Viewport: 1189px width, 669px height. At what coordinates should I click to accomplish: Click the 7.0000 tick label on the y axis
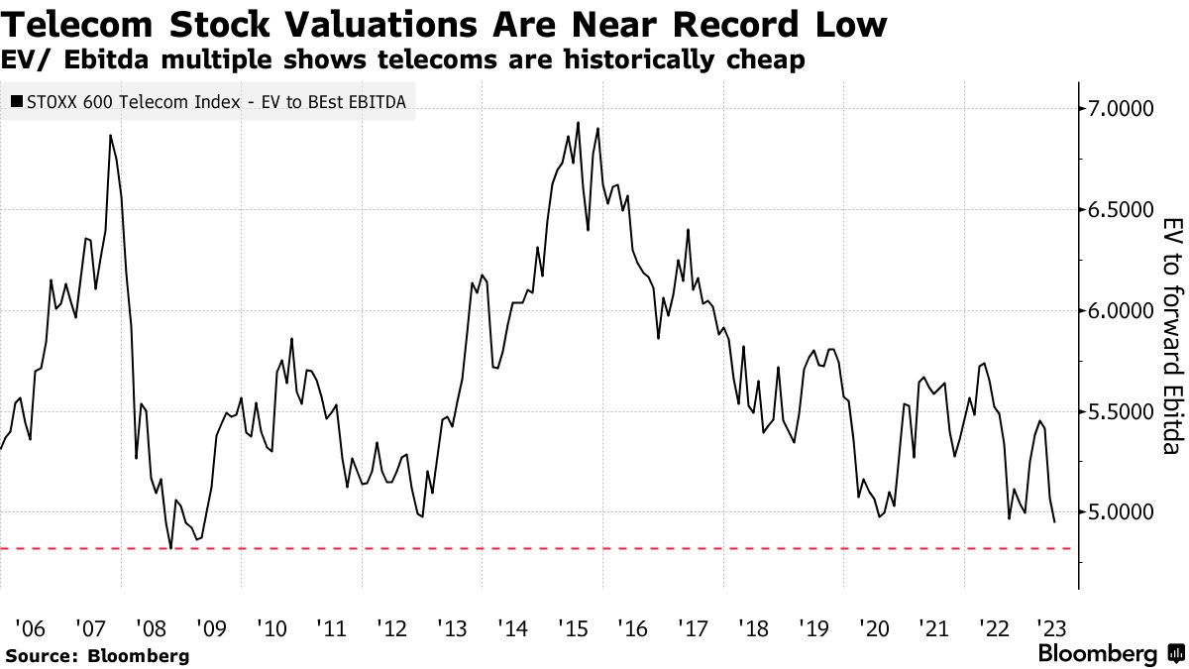tap(1123, 108)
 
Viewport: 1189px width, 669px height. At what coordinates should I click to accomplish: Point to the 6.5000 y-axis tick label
tap(1123, 209)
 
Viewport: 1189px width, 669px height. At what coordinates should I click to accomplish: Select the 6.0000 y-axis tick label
tap(1123, 310)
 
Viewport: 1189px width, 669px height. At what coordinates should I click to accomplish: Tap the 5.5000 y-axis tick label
tap(1123, 411)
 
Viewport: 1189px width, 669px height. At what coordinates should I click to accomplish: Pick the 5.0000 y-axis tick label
tap(1123, 512)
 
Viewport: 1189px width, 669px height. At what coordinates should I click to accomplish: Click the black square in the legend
tap(18, 101)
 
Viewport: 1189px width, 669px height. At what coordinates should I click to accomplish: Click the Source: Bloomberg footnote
tap(96, 655)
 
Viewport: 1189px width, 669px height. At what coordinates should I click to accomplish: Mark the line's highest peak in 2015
tap(578, 123)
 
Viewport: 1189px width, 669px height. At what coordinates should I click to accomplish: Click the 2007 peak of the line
tap(110, 135)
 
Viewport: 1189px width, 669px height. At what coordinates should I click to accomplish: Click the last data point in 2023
tap(1054, 522)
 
